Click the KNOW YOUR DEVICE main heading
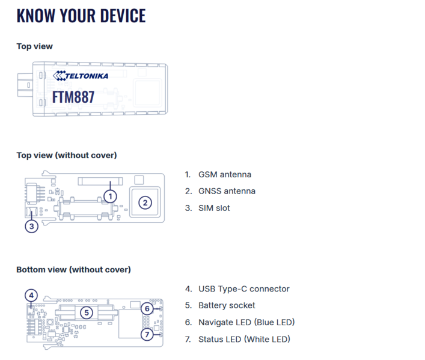pos(81,16)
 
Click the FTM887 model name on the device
pos(73,96)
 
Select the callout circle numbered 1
pos(109,195)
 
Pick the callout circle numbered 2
pos(145,203)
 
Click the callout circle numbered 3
pos(32,226)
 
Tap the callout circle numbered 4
pos(32,295)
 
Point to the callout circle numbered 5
pos(87,313)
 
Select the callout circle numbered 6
pos(147,308)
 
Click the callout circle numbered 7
pos(147,334)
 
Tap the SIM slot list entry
pos(213,208)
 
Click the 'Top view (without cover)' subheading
pos(66,155)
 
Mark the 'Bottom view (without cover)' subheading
pos(73,269)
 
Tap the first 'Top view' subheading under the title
pos(34,46)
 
